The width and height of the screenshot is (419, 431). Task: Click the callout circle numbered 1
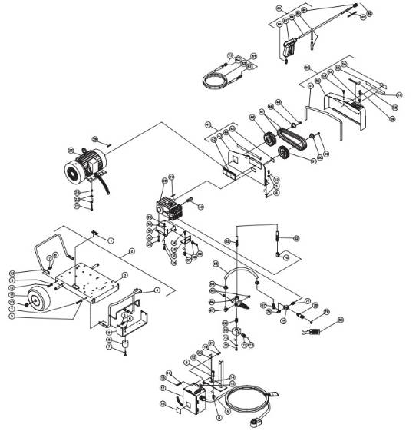(x=111, y=240)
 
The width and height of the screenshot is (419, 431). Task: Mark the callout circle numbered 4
(x=157, y=290)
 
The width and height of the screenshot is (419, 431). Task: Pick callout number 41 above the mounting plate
(x=208, y=124)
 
